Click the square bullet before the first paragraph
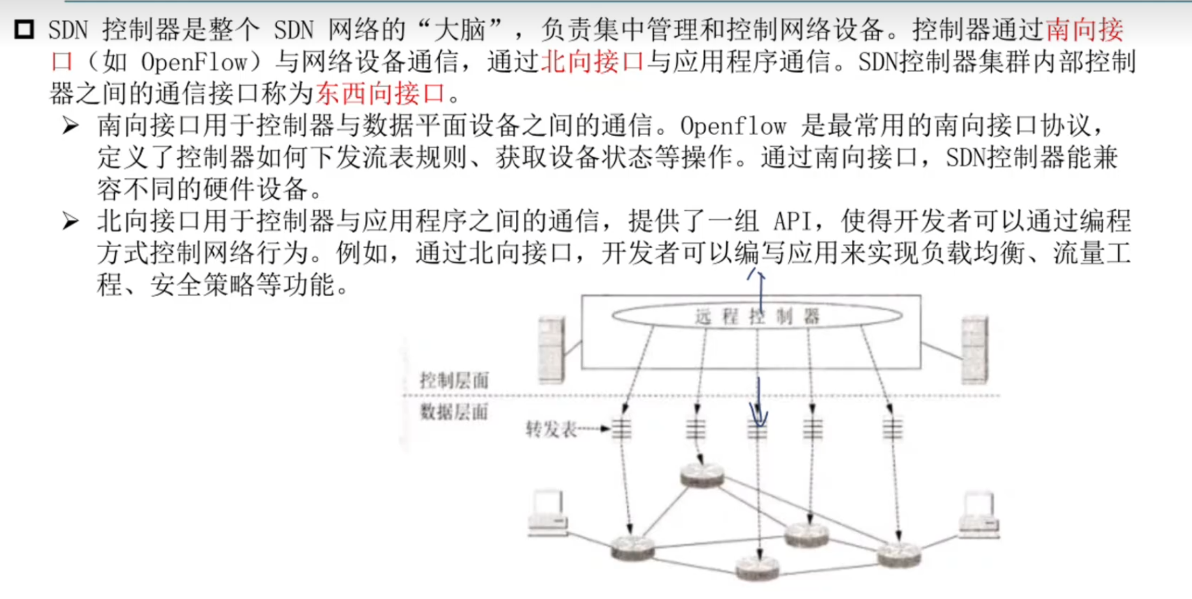click(x=24, y=29)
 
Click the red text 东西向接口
click(x=380, y=94)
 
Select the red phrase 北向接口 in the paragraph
click(x=592, y=62)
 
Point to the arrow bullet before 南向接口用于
click(x=71, y=126)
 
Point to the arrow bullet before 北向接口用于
click(x=71, y=221)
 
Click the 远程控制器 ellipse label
click(x=757, y=316)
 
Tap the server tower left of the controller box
click(x=552, y=350)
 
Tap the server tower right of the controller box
click(x=975, y=350)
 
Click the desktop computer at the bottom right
click(x=979, y=514)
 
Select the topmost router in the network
click(x=702, y=476)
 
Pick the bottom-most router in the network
click(x=758, y=568)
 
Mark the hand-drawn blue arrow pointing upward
click(x=760, y=291)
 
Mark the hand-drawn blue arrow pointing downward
click(x=759, y=404)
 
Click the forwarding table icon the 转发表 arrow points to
click(x=622, y=429)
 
